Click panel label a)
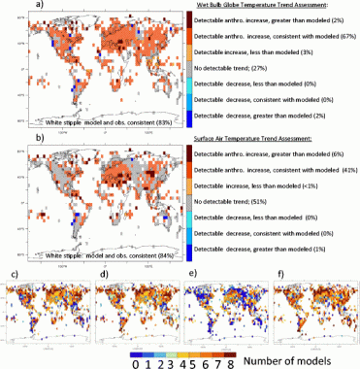pyautogui.click(x=10, y=7)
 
